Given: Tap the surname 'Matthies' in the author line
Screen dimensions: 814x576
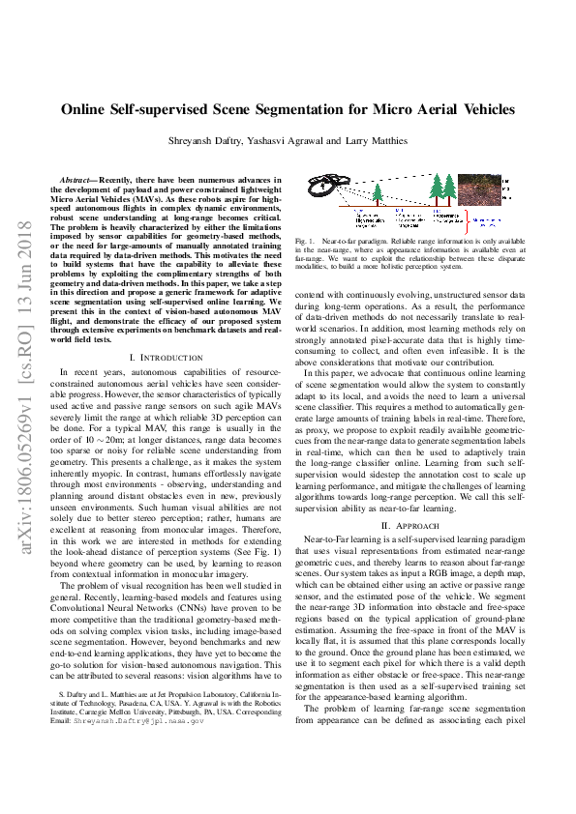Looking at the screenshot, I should pyautogui.click(x=387, y=141).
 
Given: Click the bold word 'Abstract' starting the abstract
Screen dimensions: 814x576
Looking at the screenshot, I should pyautogui.click(x=80, y=180).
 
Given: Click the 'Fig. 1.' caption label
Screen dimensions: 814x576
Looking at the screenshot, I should pyautogui.click(x=308, y=239).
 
